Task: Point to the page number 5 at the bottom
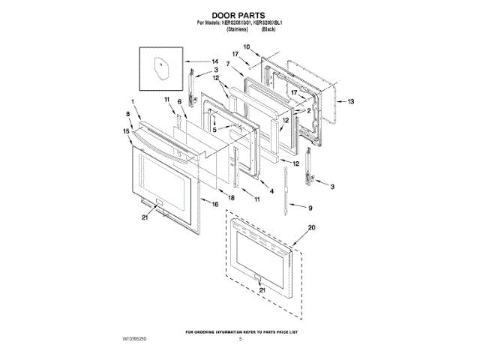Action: [x=241, y=340]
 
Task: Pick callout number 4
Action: [x=271, y=191]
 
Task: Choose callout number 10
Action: [x=247, y=47]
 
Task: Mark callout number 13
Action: [x=349, y=100]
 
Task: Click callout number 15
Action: [x=127, y=130]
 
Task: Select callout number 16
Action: [x=214, y=203]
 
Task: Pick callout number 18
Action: [x=232, y=196]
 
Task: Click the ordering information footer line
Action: [x=239, y=331]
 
